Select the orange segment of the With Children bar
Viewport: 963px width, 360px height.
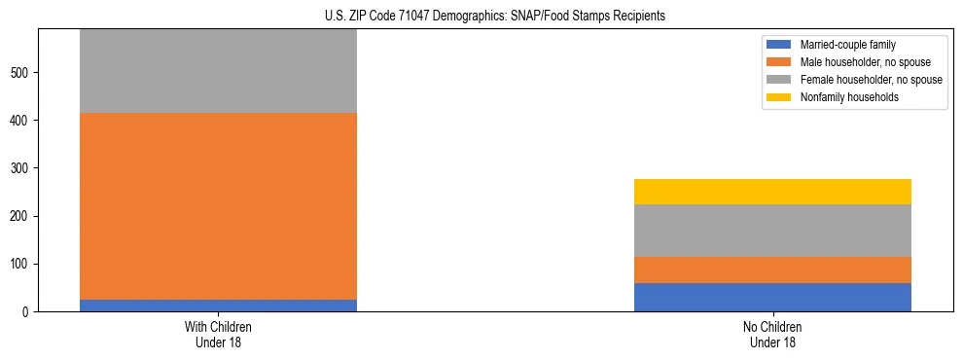click(x=218, y=206)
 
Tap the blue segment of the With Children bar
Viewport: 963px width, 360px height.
click(x=218, y=306)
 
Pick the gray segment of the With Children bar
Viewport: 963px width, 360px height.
click(x=218, y=71)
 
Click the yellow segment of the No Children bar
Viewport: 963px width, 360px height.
click(x=772, y=192)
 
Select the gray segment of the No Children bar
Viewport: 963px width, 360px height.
click(x=772, y=231)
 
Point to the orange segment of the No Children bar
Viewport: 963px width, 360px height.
click(x=772, y=270)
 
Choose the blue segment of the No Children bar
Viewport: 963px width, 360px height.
click(x=772, y=297)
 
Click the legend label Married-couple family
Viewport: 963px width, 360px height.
click(x=848, y=45)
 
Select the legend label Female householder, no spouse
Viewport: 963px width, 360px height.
click(x=871, y=80)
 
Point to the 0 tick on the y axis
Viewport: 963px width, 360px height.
click(x=28, y=311)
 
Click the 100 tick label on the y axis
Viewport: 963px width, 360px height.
click(x=22, y=264)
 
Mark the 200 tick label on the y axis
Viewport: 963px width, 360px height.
click(x=22, y=216)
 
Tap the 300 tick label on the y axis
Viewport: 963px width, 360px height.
click(x=22, y=168)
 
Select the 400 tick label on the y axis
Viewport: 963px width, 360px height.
click(x=22, y=120)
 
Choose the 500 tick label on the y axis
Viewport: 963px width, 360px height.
click(x=22, y=72)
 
